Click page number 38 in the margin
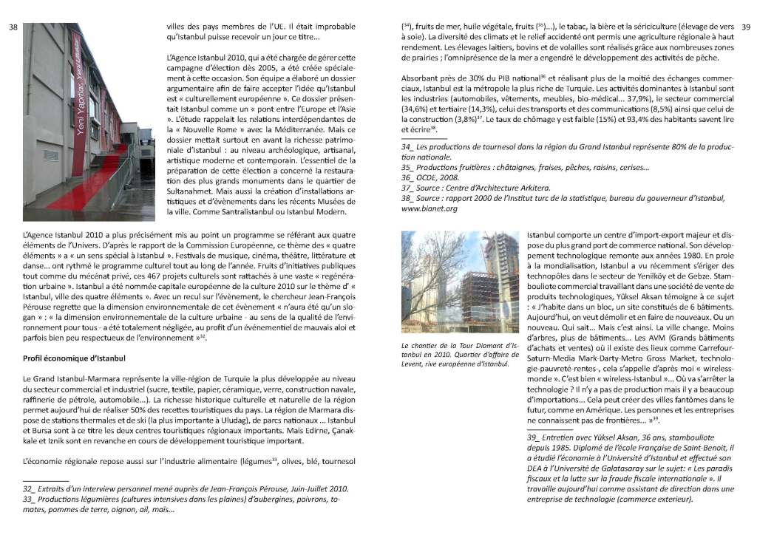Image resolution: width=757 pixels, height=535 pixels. coord(13,27)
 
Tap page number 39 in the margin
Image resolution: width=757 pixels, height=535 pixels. coord(745,27)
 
